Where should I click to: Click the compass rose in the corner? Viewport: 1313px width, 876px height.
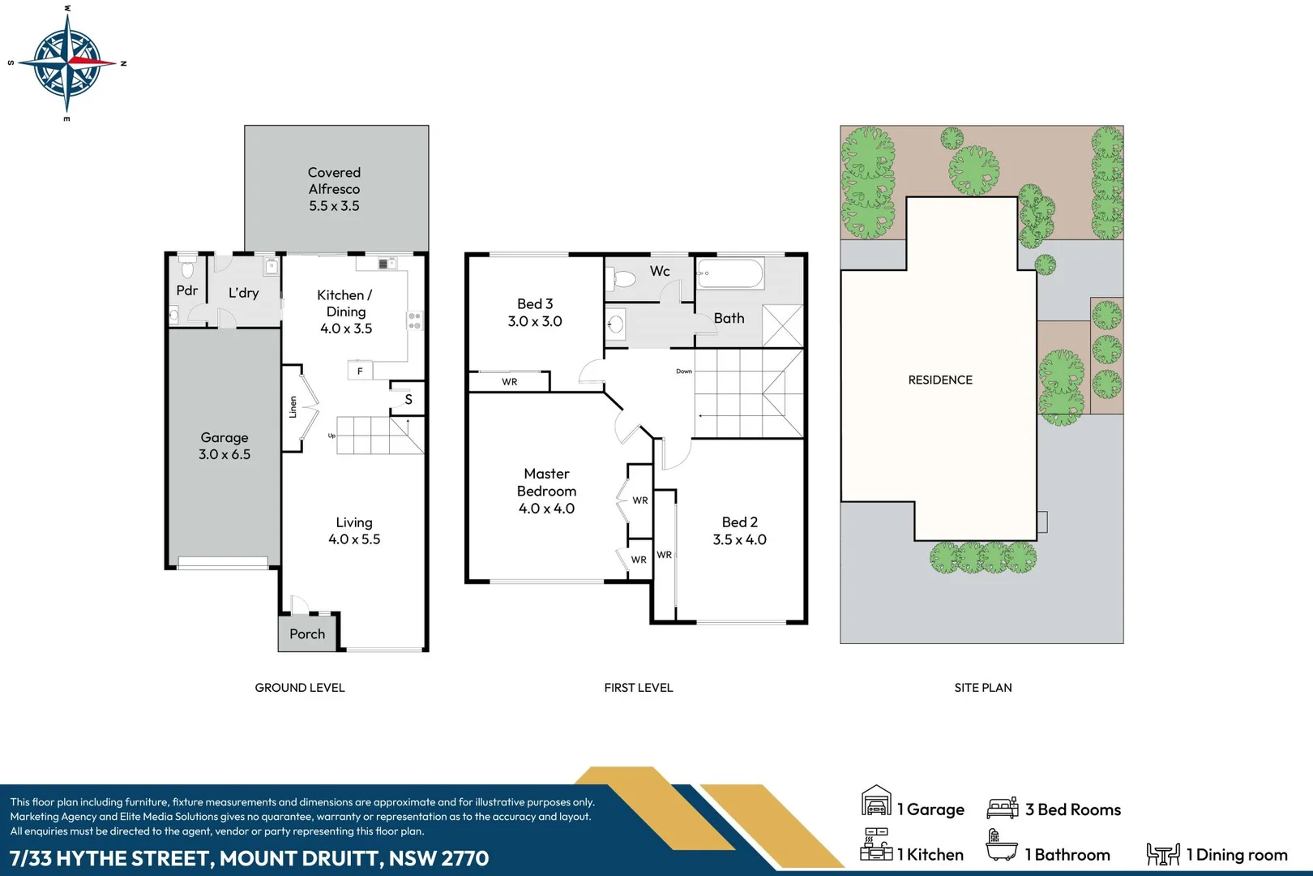click(x=66, y=62)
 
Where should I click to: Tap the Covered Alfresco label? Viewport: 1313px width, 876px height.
click(x=334, y=189)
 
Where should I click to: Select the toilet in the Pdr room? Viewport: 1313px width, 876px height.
click(x=188, y=268)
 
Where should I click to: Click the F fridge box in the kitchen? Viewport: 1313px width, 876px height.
click(x=360, y=371)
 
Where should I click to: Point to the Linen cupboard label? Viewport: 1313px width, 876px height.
click(x=293, y=407)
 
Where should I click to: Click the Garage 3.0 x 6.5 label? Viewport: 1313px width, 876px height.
click(x=225, y=446)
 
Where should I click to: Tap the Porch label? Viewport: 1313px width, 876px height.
click(x=307, y=634)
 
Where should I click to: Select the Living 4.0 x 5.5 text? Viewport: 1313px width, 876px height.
click(x=354, y=531)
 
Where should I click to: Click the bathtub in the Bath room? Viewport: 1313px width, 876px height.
click(x=729, y=274)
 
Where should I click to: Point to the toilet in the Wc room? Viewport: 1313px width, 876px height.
click(x=623, y=280)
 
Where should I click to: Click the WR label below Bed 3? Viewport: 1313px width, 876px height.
click(x=509, y=382)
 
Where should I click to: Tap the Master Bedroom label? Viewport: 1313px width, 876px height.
click(x=547, y=483)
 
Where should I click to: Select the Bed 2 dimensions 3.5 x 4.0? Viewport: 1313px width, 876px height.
click(x=739, y=540)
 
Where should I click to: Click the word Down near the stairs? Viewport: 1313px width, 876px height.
click(x=684, y=371)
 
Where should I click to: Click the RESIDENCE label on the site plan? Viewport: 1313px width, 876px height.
click(x=940, y=380)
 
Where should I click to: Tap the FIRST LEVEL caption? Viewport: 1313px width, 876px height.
click(x=638, y=688)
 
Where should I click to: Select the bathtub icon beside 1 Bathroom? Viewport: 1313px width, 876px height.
click(x=1001, y=847)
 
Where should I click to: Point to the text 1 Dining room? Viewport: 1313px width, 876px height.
click(x=1236, y=855)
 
